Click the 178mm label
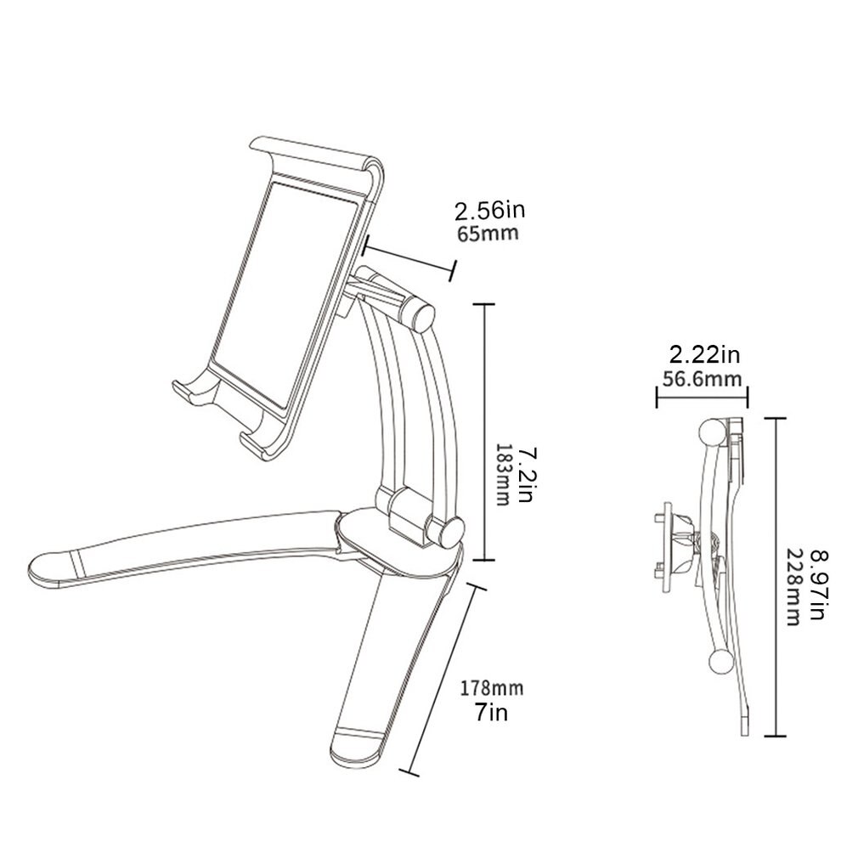point(491,687)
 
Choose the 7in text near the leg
point(491,711)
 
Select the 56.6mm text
point(702,378)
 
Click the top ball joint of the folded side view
point(710,433)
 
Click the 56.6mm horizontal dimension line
point(702,393)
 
